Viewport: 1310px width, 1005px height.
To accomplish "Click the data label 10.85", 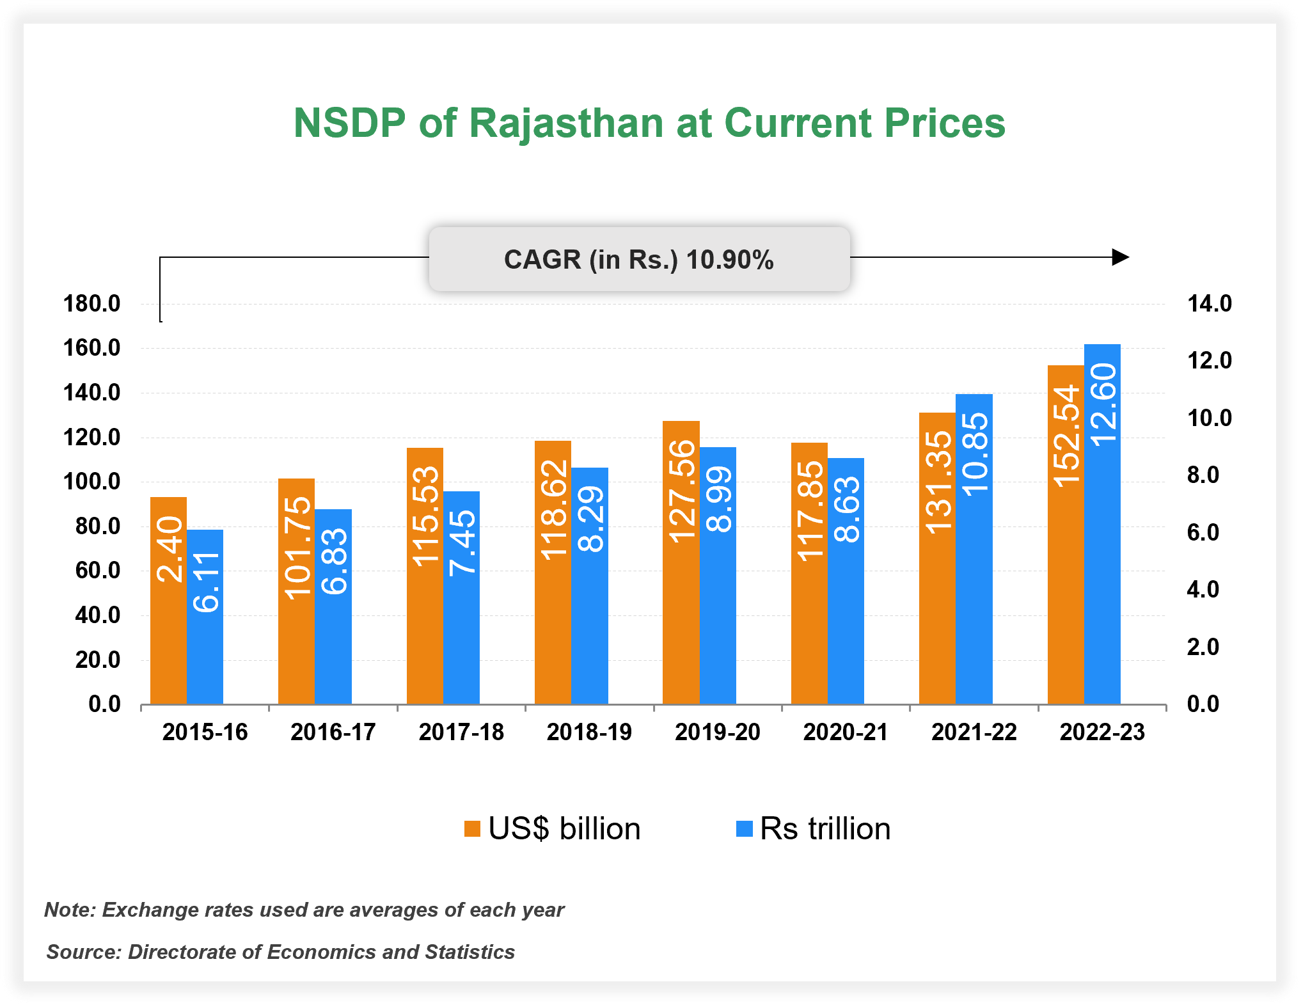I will coord(975,454).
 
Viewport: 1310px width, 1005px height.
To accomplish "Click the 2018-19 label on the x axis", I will coord(589,732).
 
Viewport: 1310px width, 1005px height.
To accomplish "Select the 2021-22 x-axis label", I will coord(974,732).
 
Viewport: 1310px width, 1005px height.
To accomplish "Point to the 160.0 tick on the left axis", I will coord(91,348).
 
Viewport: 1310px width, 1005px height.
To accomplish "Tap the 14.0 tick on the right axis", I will coord(1209,303).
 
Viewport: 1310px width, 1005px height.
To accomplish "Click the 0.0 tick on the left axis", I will coord(104,704).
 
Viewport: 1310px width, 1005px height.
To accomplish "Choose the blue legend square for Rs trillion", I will coord(745,829).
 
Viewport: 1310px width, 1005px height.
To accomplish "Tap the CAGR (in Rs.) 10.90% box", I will coord(638,259).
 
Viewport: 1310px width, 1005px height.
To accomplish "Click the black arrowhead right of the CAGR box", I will coord(1120,257).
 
